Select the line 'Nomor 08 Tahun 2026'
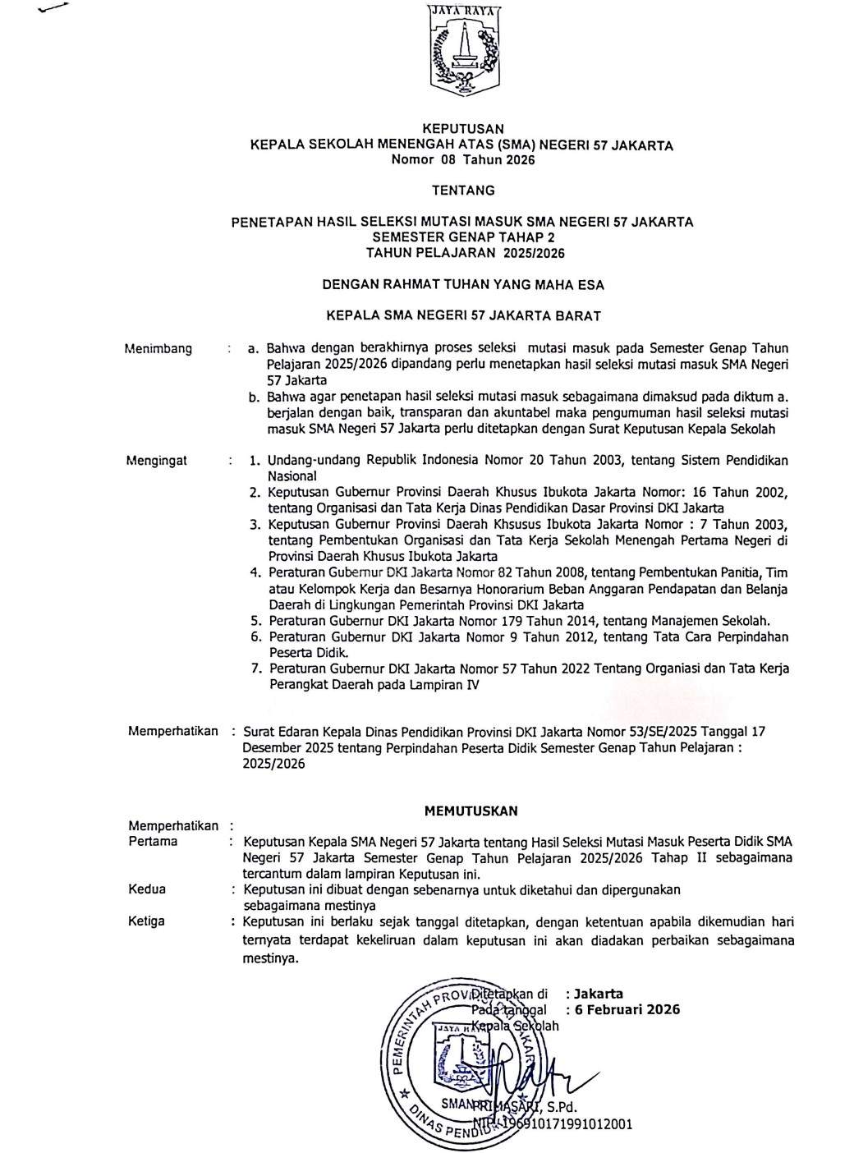(462, 160)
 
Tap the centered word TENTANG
(463, 191)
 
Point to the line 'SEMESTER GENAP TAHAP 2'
(462, 237)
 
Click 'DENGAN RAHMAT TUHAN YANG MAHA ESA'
(462, 285)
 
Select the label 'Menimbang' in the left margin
(159, 348)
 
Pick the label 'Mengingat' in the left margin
(156, 461)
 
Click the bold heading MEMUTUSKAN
(471, 811)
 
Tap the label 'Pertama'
(153, 842)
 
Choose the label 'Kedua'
(147, 889)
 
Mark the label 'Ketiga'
(147, 921)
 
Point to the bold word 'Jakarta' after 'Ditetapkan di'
(604, 994)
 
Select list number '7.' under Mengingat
(256, 669)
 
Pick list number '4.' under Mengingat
(255, 572)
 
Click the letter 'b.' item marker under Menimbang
(255, 397)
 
